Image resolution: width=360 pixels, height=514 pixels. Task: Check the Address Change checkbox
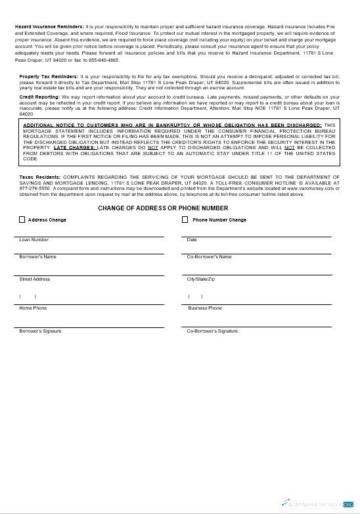click(x=22, y=220)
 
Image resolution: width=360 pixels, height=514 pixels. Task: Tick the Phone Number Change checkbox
click(x=185, y=220)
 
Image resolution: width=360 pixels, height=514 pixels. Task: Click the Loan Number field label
click(x=34, y=240)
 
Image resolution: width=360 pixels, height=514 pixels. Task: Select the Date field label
click(x=192, y=240)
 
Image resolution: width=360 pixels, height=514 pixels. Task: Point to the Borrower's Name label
click(x=38, y=257)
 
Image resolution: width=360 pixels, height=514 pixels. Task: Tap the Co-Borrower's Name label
click(x=210, y=257)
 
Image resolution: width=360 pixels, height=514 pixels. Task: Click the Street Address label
click(x=35, y=279)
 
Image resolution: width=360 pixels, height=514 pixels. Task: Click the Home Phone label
click(x=33, y=308)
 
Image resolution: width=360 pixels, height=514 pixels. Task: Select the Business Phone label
click(x=205, y=308)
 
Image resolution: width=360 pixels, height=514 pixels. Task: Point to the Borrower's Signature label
click(x=41, y=331)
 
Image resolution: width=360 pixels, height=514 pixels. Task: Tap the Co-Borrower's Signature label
click(x=212, y=331)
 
